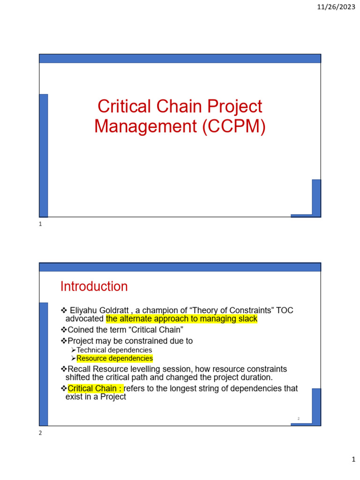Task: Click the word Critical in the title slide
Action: (122, 106)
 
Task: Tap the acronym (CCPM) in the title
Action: (234, 127)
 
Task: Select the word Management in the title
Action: (146, 127)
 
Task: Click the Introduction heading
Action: (94, 286)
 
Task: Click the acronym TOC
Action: (284, 310)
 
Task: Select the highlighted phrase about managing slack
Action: (182, 319)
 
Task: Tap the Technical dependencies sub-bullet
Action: (114, 350)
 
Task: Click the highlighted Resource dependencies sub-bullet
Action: (114, 359)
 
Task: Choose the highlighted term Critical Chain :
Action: (96, 389)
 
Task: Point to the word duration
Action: (256, 377)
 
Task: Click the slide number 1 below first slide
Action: (40, 225)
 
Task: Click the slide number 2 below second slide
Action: (40, 433)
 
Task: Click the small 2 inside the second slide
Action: (298, 419)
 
